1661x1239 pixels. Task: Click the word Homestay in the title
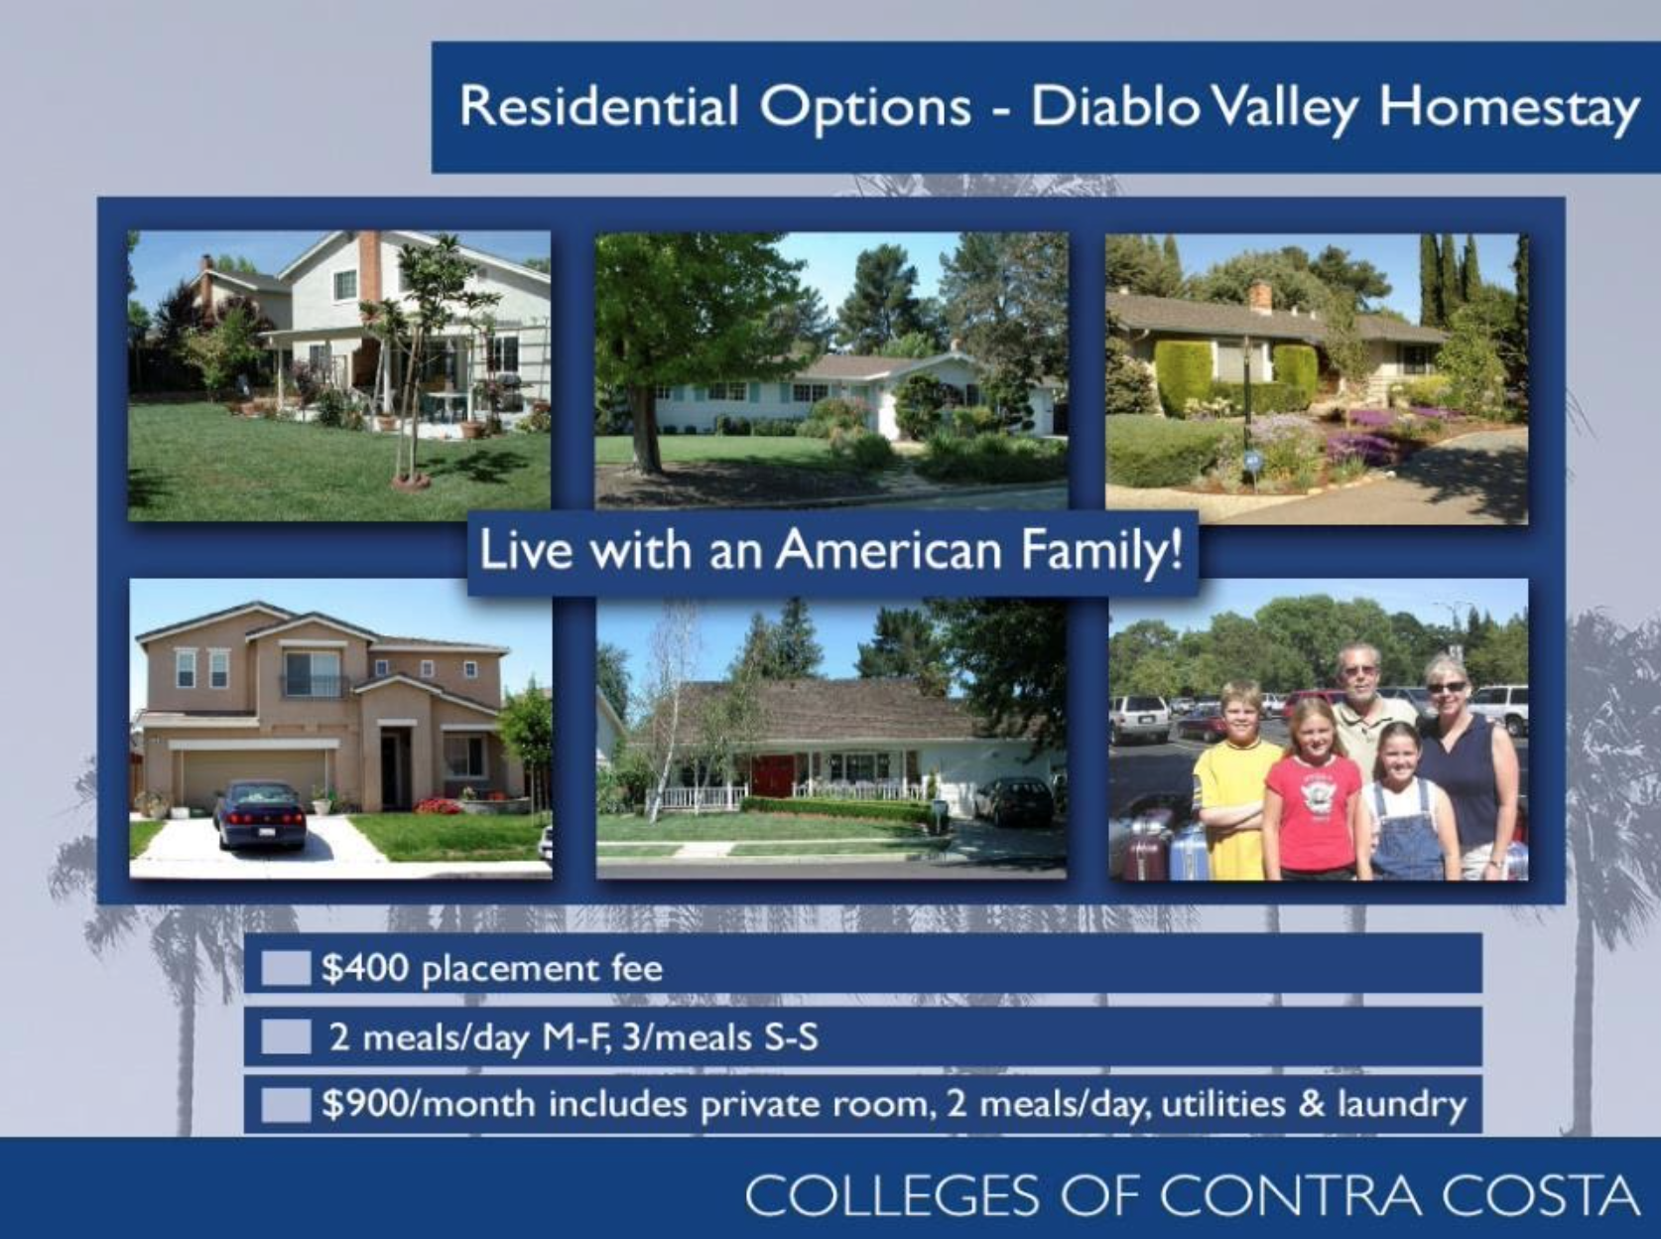point(1508,108)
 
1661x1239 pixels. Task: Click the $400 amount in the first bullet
point(365,968)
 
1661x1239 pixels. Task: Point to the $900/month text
point(429,1104)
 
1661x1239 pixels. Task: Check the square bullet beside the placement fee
point(286,968)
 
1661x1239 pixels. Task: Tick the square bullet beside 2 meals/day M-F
point(286,1036)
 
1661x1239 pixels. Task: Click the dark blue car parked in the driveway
point(260,815)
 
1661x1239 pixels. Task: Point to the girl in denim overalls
point(1409,802)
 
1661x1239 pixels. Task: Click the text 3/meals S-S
point(719,1036)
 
